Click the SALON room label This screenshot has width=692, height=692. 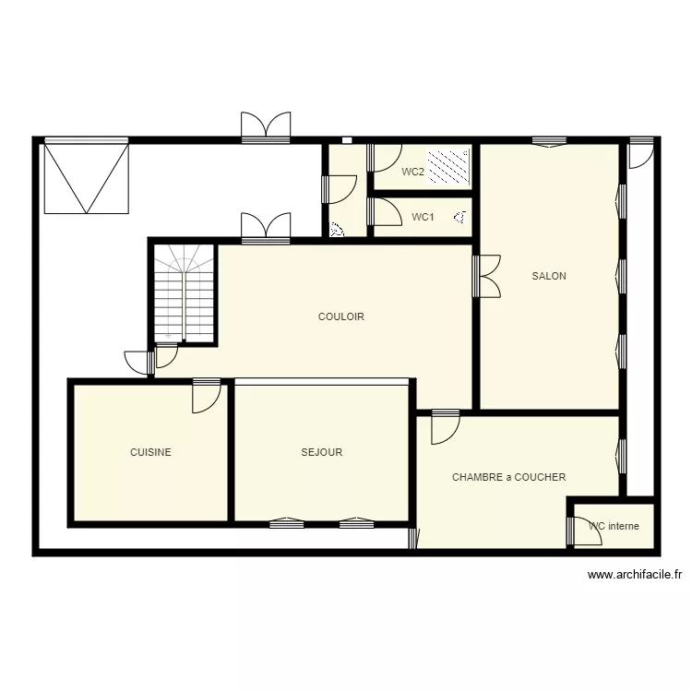pyautogui.click(x=549, y=276)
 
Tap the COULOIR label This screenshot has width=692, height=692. pyautogui.click(x=341, y=316)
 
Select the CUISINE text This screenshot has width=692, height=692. pyautogui.click(x=150, y=452)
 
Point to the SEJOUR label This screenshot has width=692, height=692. pyautogui.click(x=322, y=452)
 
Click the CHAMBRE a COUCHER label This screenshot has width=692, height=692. pyautogui.click(x=508, y=477)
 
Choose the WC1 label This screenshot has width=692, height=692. pyautogui.click(x=423, y=217)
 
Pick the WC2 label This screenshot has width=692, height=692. pyautogui.click(x=412, y=172)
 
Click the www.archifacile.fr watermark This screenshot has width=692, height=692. pyautogui.click(x=636, y=575)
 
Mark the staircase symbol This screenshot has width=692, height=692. pyautogui.click(x=184, y=293)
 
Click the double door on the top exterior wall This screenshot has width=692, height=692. pyautogui.click(x=266, y=126)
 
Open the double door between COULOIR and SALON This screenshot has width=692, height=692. pyautogui.click(x=487, y=276)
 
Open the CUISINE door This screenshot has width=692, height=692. pyautogui.click(x=205, y=396)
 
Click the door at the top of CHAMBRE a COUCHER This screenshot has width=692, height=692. pyautogui.click(x=445, y=425)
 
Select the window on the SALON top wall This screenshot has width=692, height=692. pyautogui.click(x=549, y=142)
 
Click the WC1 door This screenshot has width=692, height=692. pyautogui.click(x=379, y=212)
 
